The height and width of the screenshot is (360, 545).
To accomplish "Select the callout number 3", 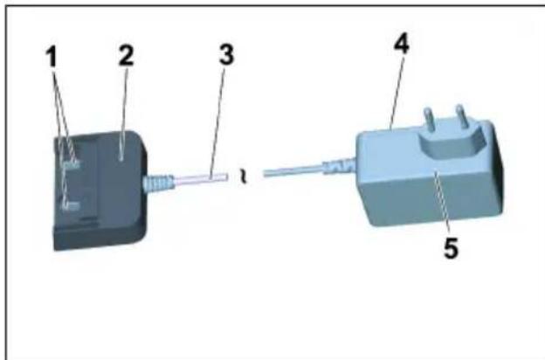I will click(226, 55).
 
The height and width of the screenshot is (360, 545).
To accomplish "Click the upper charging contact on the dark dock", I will click(72, 163).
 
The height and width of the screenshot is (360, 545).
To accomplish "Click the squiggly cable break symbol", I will click(245, 179).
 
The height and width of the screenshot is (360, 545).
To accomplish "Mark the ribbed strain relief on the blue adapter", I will click(339, 163).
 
